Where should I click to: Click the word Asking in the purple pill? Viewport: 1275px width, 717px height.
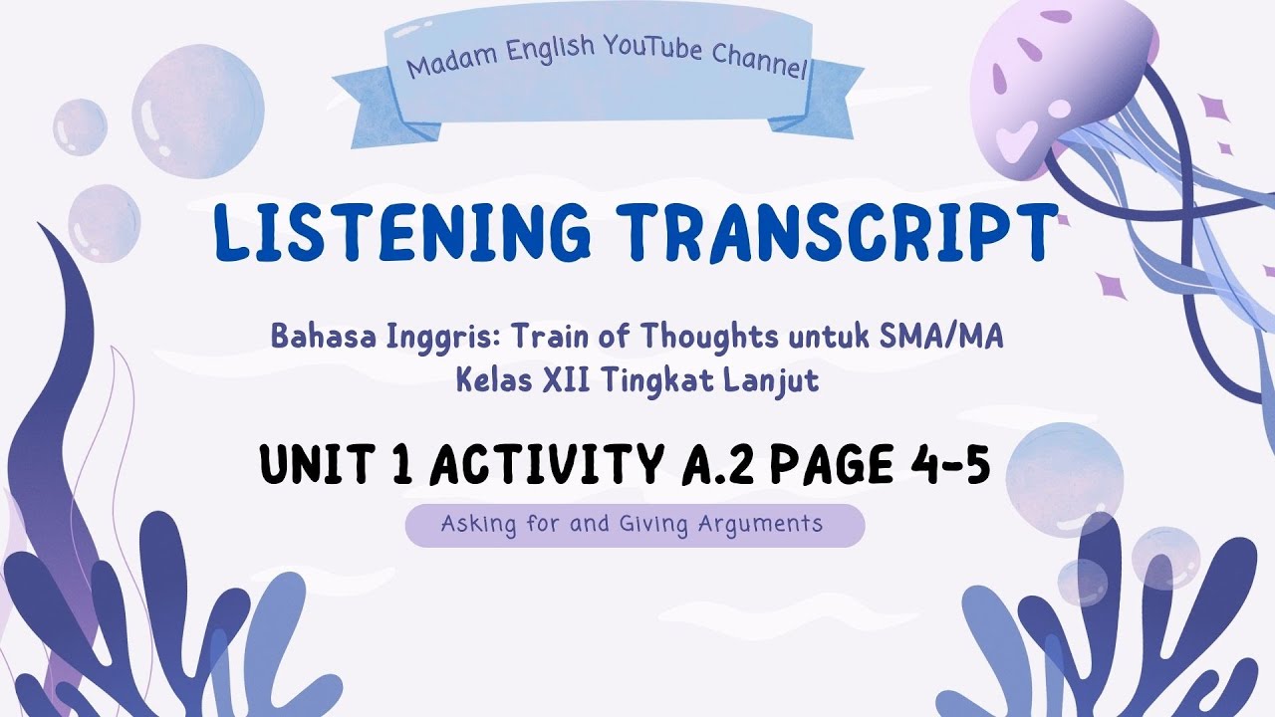point(473,524)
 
